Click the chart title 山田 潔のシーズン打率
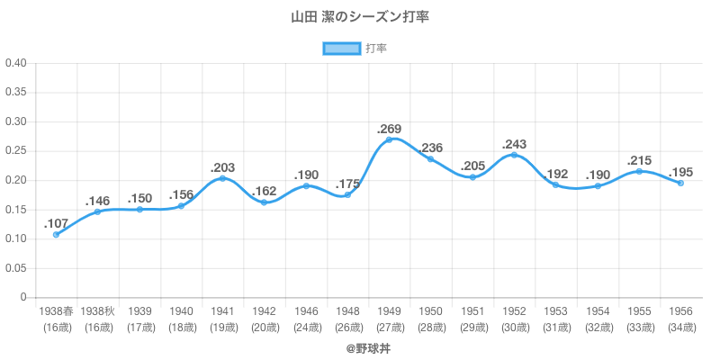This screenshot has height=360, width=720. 359,17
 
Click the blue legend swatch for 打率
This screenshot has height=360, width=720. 342,49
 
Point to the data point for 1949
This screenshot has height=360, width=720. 390,139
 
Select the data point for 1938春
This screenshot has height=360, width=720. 56,235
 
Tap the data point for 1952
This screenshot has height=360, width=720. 514,155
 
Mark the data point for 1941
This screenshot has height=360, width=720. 222,178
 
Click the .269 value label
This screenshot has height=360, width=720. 390,128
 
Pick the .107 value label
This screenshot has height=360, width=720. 56,222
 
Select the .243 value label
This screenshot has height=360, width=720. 514,143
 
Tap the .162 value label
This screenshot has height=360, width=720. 265,191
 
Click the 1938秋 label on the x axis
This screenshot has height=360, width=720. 97,311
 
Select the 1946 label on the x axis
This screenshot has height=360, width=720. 306,311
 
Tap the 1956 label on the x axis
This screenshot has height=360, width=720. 681,311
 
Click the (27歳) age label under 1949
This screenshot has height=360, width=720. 390,328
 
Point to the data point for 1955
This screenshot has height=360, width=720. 639,171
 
